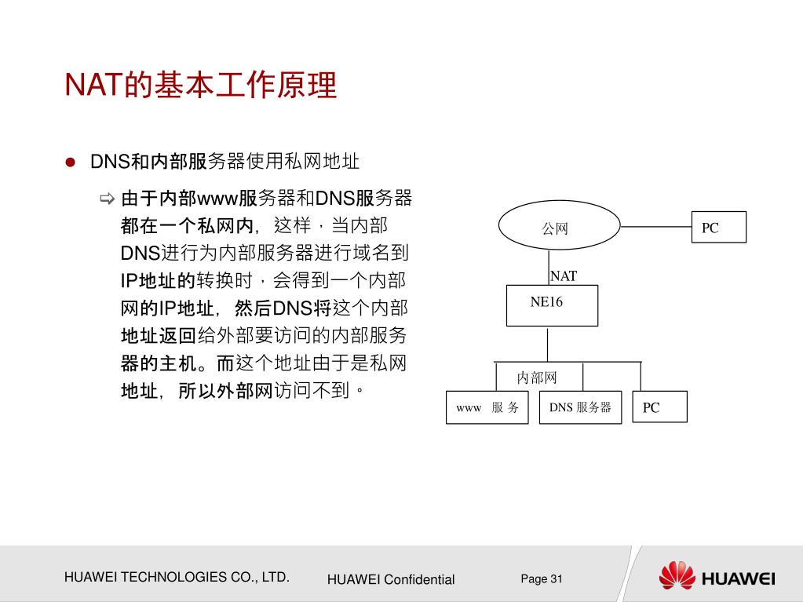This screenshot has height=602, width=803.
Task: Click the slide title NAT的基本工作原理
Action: [201, 86]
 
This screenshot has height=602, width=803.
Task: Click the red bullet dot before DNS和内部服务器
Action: [70, 162]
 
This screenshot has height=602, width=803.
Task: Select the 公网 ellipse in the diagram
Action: [555, 228]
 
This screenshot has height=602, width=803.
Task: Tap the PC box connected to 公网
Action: [718, 228]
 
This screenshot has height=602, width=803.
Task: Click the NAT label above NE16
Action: [564, 276]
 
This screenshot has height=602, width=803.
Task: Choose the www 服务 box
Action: [487, 407]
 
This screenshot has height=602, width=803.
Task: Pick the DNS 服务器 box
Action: [580, 407]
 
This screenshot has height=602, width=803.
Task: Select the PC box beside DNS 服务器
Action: [659, 407]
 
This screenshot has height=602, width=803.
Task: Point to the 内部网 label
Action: [537, 378]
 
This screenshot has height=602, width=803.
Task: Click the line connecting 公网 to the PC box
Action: [655, 227]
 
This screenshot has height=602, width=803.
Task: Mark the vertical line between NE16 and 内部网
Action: [547, 343]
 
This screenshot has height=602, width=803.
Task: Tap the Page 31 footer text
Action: [542, 578]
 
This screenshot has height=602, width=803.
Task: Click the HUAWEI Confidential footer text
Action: [391, 579]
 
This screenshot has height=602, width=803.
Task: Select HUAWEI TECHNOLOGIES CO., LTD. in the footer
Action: [177, 577]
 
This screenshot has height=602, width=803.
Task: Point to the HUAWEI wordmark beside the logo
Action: [739, 579]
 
